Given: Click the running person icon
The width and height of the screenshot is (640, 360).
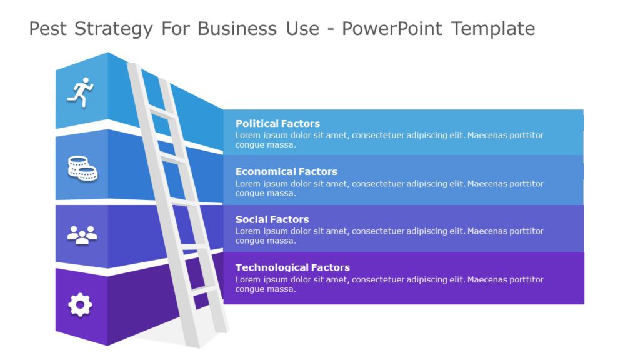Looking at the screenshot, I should click(x=80, y=92).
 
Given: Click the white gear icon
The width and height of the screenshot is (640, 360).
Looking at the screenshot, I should click(x=80, y=305).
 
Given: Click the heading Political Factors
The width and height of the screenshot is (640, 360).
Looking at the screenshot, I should click(x=277, y=124).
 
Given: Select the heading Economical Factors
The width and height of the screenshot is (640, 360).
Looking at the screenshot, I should click(x=286, y=171).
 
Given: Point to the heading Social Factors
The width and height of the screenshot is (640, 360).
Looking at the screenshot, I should click(x=272, y=219).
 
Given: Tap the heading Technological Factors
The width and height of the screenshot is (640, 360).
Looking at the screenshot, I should click(x=292, y=267).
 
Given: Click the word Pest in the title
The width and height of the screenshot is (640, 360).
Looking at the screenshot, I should click(x=49, y=29).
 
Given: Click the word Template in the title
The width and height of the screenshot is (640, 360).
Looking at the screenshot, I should click(x=493, y=29).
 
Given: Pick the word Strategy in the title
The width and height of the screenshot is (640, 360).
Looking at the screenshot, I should click(x=114, y=29).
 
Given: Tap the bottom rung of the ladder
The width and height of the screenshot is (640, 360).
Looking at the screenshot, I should click(x=204, y=291).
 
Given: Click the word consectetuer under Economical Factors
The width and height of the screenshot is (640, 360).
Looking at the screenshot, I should click(x=379, y=184).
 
